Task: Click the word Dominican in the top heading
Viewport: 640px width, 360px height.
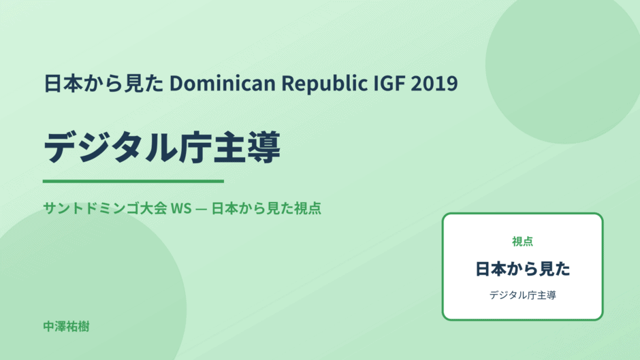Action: tap(223, 83)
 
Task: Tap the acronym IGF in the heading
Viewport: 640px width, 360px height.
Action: tap(389, 83)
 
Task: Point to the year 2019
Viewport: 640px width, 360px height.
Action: tap(434, 83)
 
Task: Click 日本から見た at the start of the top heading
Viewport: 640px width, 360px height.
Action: tap(103, 83)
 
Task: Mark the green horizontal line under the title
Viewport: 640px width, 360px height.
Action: tap(133, 181)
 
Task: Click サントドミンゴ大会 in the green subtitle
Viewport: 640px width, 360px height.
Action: tap(105, 208)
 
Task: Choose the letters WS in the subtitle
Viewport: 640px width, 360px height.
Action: tap(181, 208)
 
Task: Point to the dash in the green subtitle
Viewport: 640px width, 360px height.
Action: tap(202, 208)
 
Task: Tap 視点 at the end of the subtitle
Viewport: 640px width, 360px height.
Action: tap(307, 208)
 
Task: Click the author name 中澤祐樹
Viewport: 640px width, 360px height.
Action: tap(66, 327)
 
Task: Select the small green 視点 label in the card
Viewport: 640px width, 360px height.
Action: tap(522, 242)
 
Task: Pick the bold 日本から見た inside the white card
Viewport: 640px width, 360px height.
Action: tap(522, 269)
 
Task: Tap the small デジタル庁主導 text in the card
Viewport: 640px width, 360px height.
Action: tap(522, 295)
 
